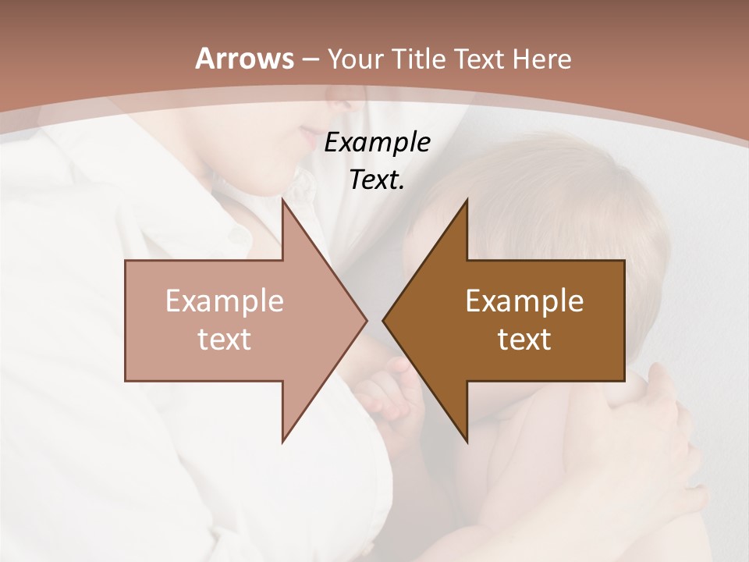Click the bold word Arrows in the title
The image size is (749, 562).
coord(244,59)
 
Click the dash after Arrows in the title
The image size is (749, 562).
coord(310,59)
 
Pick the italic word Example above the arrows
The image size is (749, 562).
coord(377,143)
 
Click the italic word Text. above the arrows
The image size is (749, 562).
coord(377,180)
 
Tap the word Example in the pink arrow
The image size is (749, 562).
coord(224,301)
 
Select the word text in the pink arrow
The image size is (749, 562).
coord(224,339)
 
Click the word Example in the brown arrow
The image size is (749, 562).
coord(524,301)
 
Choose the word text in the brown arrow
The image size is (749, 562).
coord(524,339)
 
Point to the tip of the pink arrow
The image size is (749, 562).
coord(366,320)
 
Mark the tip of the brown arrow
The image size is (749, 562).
coord(383,320)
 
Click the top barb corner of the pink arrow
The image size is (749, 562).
coord(282,200)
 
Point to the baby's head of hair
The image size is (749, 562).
coord(546,195)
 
